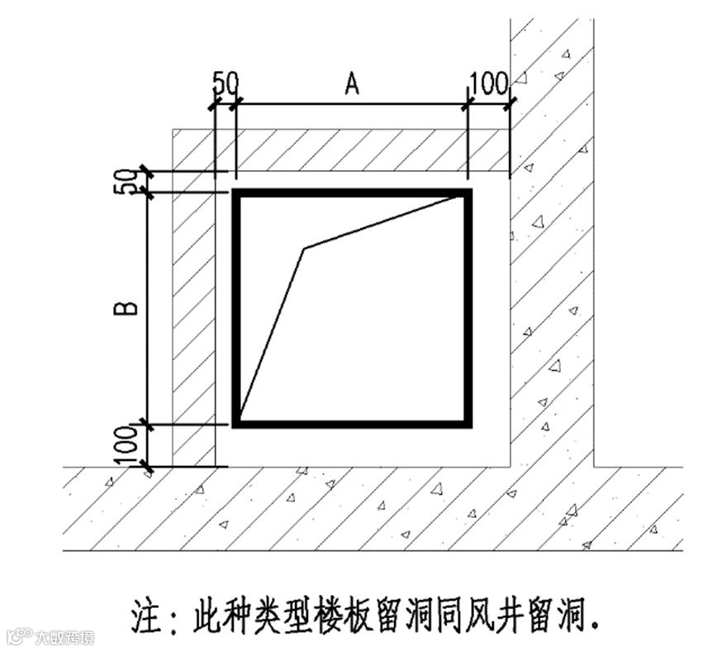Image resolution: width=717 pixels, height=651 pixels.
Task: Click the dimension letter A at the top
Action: click(x=353, y=83)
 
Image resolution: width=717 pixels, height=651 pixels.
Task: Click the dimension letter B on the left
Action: click(x=126, y=309)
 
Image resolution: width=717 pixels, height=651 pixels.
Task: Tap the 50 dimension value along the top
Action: click(x=225, y=83)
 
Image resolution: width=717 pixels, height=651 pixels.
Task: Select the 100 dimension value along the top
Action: click(x=489, y=83)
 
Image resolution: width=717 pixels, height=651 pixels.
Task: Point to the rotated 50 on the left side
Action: click(x=125, y=182)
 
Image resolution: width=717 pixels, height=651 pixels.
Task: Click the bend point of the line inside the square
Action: click(x=305, y=248)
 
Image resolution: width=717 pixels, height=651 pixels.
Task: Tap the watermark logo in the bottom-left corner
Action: click(x=18, y=637)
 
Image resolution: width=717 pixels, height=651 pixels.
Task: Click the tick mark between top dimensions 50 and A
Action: click(x=236, y=104)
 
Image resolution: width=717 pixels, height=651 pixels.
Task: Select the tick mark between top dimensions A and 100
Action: click(x=468, y=104)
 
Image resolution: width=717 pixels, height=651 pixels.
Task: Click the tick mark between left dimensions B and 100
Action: click(x=147, y=425)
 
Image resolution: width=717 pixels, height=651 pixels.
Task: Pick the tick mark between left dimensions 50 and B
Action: click(x=147, y=192)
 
